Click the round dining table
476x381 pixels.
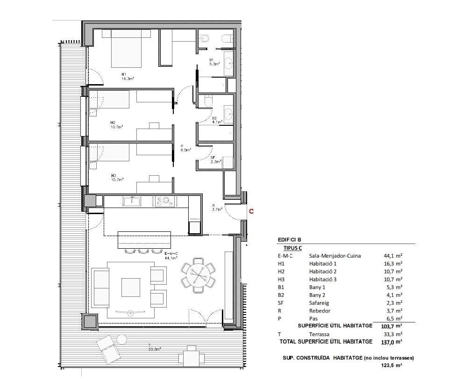point(198,275)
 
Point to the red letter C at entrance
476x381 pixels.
point(251,211)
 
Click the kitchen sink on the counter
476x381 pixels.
point(132,201)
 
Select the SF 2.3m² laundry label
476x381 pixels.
point(215,160)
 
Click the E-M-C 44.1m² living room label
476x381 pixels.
point(171,256)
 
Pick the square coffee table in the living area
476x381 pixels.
point(131,288)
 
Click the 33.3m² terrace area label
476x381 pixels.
point(155,349)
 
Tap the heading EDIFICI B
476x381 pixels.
point(289,240)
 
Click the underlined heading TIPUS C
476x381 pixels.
point(292,248)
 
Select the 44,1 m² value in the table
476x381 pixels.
point(393,256)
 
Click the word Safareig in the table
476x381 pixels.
point(319,303)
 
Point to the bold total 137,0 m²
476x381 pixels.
point(391,342)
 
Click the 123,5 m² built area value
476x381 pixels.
point(391,366)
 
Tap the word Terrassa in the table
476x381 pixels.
point(319,334)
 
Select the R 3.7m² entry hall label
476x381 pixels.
point(217,207)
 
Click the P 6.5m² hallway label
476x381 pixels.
point(185,148)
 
